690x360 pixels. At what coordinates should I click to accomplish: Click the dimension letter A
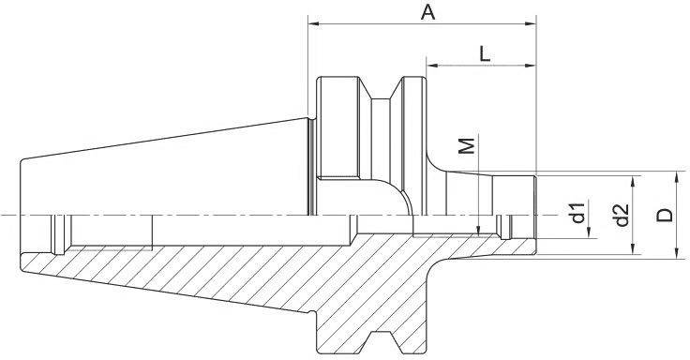[427, 12]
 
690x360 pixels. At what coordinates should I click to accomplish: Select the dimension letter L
[484, 53]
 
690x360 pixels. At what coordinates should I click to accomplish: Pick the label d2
[621, 216]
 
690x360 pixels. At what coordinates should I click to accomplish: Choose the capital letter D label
[665, 215]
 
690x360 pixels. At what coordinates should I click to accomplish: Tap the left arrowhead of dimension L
[432, 67]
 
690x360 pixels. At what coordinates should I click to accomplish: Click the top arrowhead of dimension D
[676, 177]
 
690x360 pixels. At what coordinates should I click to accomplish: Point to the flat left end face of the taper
[20, 216]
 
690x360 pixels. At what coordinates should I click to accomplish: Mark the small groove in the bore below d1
[504, 227]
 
